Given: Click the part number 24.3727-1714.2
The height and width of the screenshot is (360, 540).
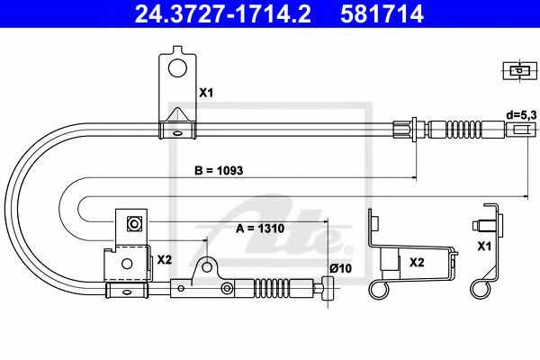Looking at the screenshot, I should tap(217, 13).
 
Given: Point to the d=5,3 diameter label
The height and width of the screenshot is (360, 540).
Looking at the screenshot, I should tap(519, 115).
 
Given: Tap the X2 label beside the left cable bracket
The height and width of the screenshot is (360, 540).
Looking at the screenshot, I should tap(165, 259).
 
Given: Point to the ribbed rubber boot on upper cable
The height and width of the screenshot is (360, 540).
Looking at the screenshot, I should tap(467, 129).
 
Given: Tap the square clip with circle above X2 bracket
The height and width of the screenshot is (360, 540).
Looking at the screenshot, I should tap(133, 224).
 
